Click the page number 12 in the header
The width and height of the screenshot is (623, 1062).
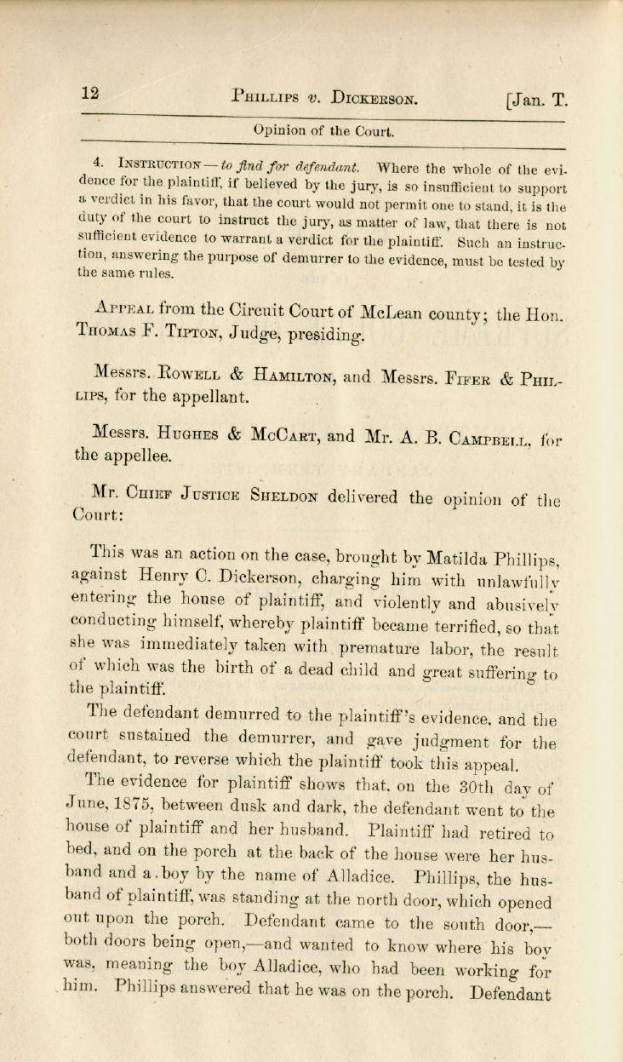91,95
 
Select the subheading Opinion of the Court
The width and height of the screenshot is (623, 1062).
323,131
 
